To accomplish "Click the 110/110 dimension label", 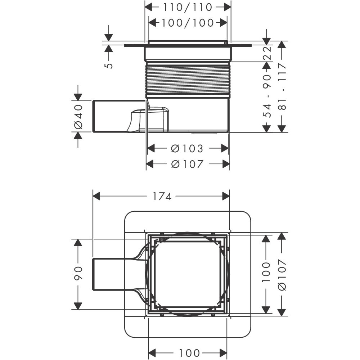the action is pos(188,7).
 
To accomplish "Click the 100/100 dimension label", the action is pos(188,23).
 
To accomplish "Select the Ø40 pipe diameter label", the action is pos(78,116).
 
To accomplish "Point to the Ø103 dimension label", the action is pos(187,149).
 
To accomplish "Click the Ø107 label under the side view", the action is pos(187,164).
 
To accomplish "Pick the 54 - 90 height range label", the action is pos(267,96).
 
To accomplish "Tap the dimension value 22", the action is pos(267,53).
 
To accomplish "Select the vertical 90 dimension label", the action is pos(78,274).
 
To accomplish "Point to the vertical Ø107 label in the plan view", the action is pos(282,275).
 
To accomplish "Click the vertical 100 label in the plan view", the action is pos(266,272).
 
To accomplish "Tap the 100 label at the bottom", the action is pos(189,352).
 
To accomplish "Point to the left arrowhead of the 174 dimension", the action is pos(96,196).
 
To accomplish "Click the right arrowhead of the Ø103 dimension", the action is pos(225,148).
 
